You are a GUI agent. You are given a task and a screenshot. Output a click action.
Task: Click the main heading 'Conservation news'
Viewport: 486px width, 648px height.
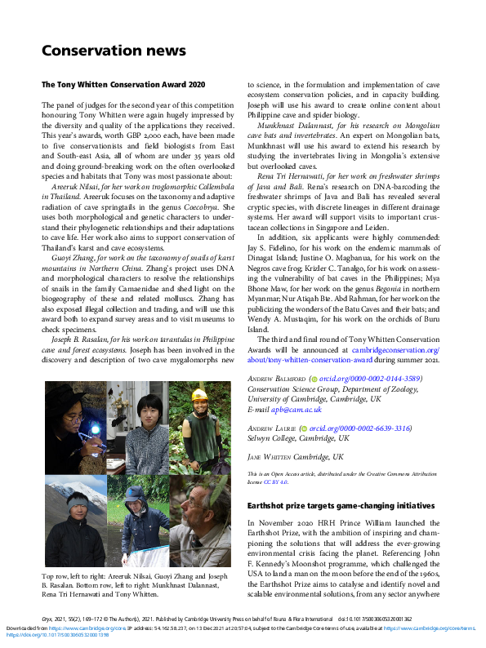coord(114,51)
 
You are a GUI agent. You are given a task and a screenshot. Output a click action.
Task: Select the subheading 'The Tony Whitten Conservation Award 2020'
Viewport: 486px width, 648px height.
coord(123,84)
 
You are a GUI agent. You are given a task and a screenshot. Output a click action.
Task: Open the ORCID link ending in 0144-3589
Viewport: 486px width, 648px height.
coord(359,379)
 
